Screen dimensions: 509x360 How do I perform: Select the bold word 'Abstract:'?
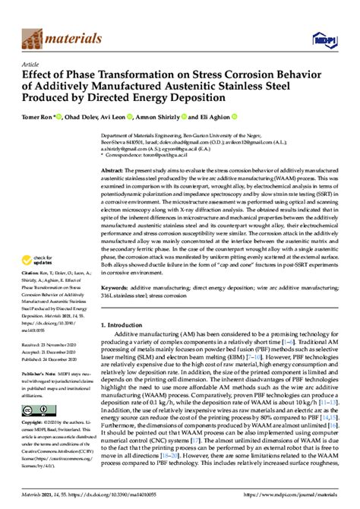pos(115,173)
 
